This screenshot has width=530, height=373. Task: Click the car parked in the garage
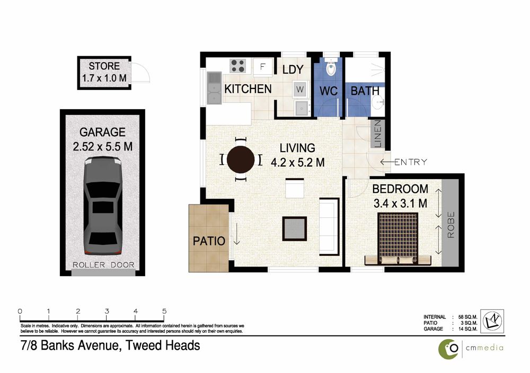point(103,206)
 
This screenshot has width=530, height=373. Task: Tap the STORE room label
point(104,66)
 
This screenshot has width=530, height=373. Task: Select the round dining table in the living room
point(241,159)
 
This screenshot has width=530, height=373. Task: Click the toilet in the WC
point(331,68)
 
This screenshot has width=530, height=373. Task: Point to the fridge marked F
point(262,67)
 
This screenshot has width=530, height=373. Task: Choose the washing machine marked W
point(300,90)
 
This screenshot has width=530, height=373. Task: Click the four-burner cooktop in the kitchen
point(237,66)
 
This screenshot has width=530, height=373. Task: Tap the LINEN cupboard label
point(377,134)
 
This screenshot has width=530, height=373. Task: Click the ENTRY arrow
point(387,162)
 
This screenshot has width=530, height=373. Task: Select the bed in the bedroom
point(398,238)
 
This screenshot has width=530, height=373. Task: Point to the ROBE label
point(451,225)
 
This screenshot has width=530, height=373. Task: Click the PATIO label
point(209,241)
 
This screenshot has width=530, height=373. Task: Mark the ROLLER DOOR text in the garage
point(104,265)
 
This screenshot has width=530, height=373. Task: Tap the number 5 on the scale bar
point(164,311)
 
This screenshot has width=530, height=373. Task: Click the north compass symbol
point(492,321)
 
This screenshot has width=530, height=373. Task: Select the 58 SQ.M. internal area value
point(468,317)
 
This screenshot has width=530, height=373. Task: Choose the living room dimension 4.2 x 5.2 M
point(298,163)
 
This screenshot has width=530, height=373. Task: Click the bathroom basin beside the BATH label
point(377,100)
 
